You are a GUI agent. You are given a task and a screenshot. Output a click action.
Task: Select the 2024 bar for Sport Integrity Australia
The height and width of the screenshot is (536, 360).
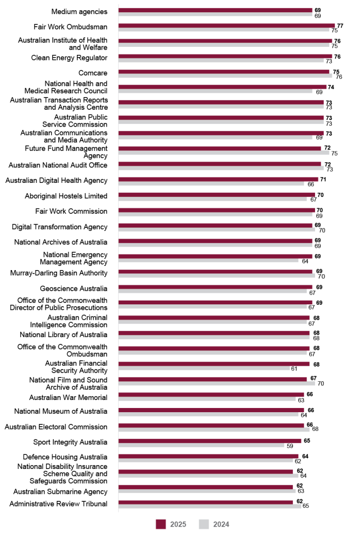coord(201,445)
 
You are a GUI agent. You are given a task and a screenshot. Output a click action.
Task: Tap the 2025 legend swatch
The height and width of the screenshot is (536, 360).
coord(161,524)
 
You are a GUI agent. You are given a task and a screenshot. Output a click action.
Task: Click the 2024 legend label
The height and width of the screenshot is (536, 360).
coord(221,524)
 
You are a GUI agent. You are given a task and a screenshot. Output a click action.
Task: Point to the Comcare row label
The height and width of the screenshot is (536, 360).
coord(93,73)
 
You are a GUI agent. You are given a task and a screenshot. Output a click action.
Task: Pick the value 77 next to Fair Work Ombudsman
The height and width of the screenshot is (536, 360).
coord(340,25)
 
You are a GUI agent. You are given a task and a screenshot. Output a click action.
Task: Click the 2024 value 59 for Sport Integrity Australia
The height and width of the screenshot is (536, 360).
coord(290,446)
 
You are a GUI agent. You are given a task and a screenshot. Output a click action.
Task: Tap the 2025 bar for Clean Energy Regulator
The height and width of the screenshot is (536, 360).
coord(225,56)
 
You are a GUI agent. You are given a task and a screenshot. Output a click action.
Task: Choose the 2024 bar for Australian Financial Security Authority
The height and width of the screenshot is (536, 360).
coord(204,368)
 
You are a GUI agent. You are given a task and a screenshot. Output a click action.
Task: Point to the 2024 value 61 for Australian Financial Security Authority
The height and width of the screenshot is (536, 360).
coord(294,369)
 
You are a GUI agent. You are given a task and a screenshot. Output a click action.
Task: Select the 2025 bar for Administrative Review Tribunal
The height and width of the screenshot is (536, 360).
coord(205,502)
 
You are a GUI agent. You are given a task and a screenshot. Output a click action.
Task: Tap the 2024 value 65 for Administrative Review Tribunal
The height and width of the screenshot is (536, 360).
coord(306,506)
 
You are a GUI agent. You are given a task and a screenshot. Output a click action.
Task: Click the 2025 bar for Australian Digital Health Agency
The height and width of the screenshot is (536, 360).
coord(218,179)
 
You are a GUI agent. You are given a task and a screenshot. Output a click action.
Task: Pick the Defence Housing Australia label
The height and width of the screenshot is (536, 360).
coord(65,457)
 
